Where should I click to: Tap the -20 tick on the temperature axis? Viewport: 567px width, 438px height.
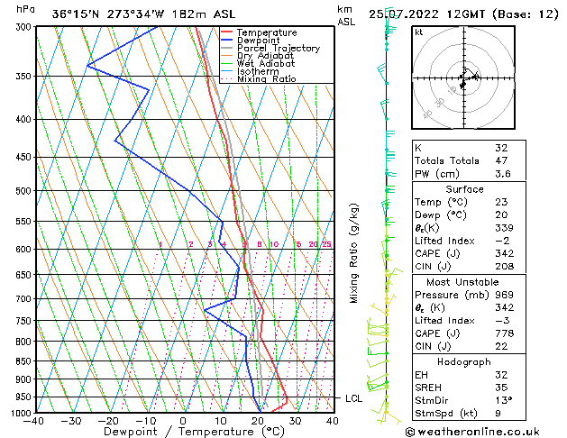click(x=108, y=421)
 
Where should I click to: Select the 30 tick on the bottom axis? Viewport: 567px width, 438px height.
click(x=295, y=421)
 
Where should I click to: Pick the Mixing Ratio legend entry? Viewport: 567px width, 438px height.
click(x=267, y=79)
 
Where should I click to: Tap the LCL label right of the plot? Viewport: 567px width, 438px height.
click(x=354, y=397)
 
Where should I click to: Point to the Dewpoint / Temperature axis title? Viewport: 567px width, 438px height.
click(x=183, y=432)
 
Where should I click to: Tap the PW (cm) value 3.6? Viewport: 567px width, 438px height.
click(x=501, y=175)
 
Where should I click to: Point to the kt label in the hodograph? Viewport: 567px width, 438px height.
click(x=418, y=32)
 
